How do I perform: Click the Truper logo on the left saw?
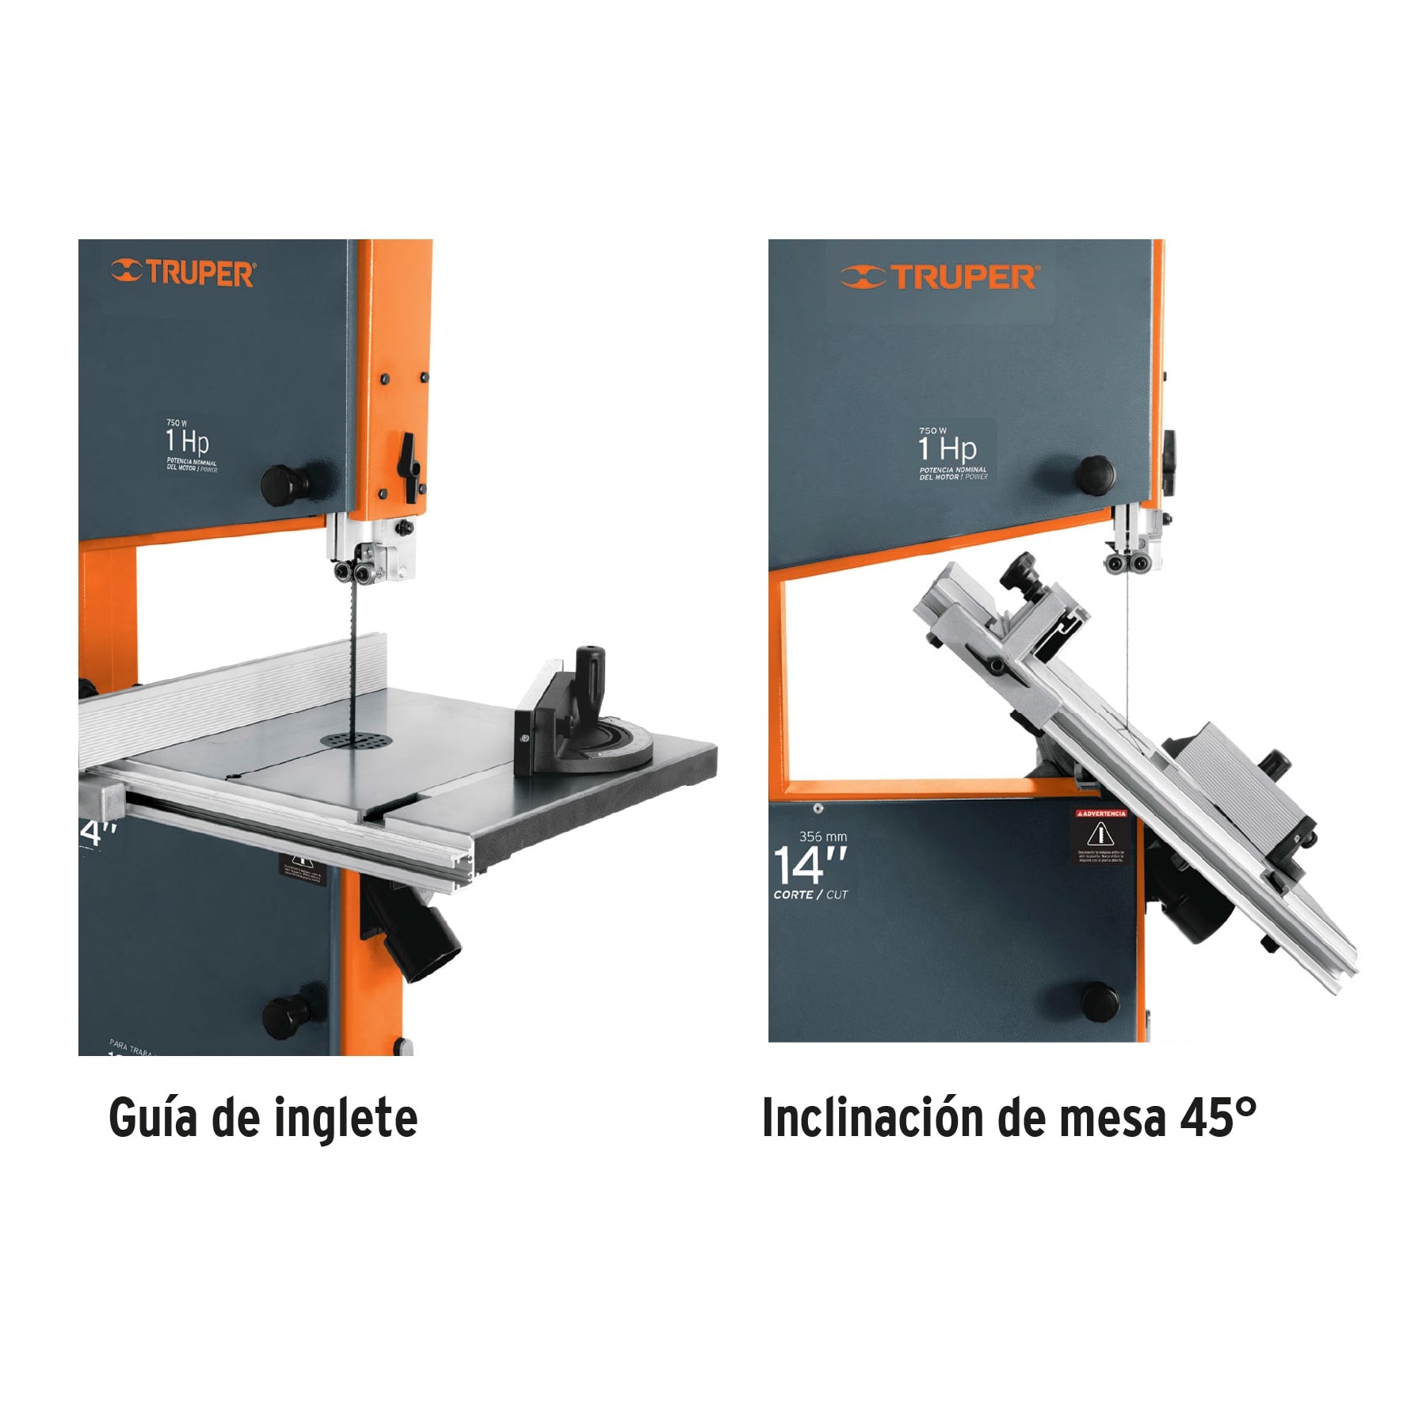tap(184, 273)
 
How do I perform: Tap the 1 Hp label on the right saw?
tap(947, 449)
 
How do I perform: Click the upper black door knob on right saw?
tap(1096, 473)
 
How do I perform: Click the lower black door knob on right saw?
tap(1100, 1001)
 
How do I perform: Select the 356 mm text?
tap(823, 837)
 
